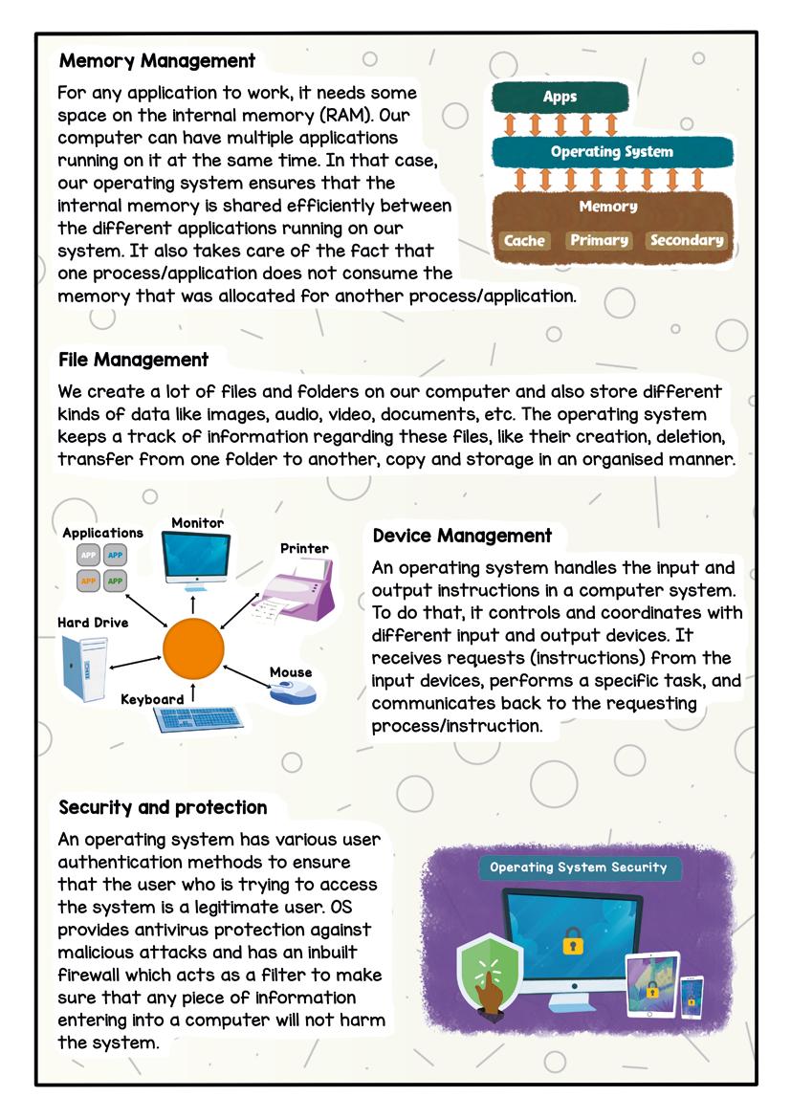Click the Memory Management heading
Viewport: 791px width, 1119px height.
(157, 61)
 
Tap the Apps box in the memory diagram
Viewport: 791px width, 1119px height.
(560, 97)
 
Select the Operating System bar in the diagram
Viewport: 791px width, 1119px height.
(611, 152)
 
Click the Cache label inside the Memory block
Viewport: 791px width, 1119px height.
(524, 240)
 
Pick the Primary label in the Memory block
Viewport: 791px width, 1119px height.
(599, 240)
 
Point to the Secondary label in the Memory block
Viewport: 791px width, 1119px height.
(687, 240)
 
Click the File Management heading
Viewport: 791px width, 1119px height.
(133, 360)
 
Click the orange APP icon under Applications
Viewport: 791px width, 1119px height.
(89, 580)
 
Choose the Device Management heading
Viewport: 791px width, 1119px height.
(462, 536)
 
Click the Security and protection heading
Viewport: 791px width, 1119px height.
(163, 807)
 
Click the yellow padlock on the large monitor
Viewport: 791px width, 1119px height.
(572, 941)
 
